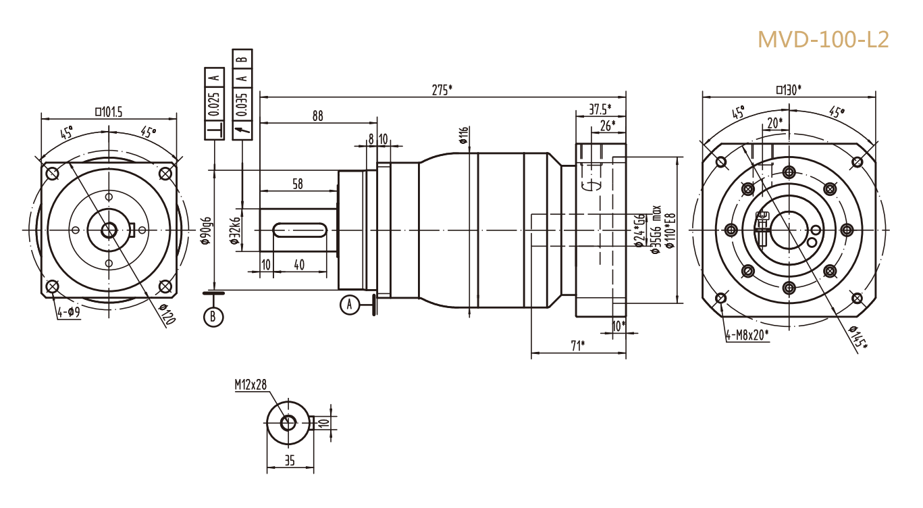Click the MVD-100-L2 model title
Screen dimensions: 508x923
[x=823, y=39]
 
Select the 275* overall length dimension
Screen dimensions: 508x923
[x=442, y=89]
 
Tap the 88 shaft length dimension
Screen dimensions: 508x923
[x=317, y=116]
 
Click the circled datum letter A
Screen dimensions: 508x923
[x=349, y=305]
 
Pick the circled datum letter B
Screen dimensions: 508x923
[x=214, y=315]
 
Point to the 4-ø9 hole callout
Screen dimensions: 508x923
[x=68, y=312]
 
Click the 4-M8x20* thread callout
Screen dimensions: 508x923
[x=747, y=334]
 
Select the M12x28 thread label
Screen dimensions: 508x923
[x=250, y=384]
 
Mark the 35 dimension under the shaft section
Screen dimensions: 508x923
[x=290, y=461]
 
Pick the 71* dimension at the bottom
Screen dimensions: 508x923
[x=577, y=346]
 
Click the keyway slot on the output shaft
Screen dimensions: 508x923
[x=300, y=230]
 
